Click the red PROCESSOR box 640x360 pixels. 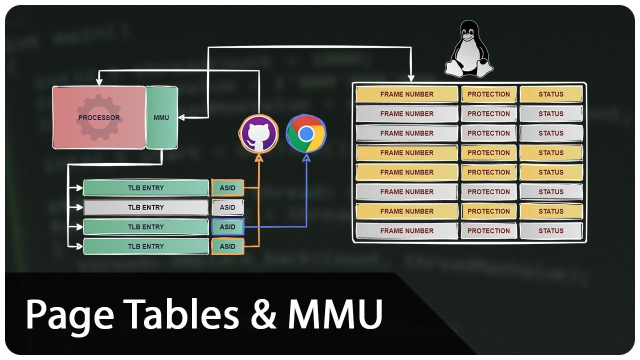click(99, 117)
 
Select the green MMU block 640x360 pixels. click(161, 117)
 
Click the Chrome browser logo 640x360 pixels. click(306, 133)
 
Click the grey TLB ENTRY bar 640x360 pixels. click(145, 207)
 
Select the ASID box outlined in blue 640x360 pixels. click(227, 227)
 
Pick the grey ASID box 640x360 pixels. click(227, 207)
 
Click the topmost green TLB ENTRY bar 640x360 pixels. click(145, 188)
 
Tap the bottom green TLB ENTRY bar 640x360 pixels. click(145, 246)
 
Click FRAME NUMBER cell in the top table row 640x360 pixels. click(406, 94)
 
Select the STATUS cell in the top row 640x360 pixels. click(551, 94)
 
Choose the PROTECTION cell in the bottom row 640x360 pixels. click(488, 230)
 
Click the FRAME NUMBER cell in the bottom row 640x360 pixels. click(406, 230)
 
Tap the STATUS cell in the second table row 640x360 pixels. click(551, 113)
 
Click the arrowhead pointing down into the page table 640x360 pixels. click(411, 78)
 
